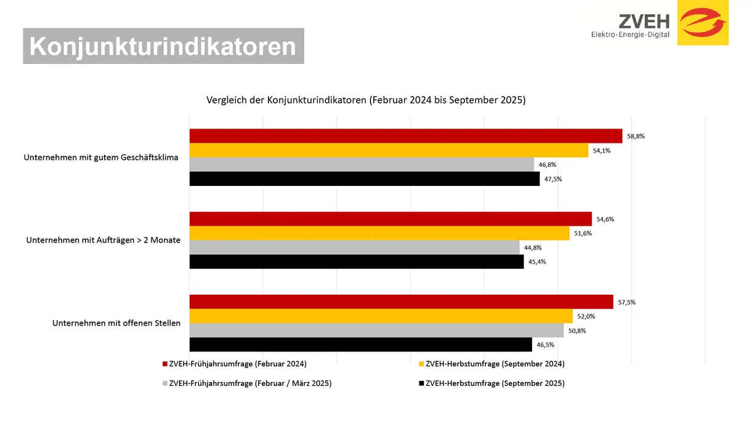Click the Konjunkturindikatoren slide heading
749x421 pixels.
(x=163, y=46)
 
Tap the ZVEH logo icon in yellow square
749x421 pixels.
(x=703, y=23)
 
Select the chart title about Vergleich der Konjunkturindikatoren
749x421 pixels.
(x=365, y=100)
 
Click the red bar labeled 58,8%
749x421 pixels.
(x=405, y=136)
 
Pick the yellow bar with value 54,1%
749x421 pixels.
(x=388, y=150)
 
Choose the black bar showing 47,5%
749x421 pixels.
(x=364, y=179)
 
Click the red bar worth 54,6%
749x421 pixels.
(x=390, y=219)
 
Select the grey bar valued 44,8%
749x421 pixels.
(x=354, y=247)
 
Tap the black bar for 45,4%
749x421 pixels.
(x=356, y=262)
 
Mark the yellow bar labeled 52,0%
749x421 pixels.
(x=381, y=316)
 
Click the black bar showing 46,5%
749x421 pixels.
(x=360, y=345)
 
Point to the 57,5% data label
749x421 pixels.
(x=627, y=302)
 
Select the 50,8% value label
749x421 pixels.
(x=577, y=331)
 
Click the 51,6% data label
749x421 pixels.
(x=583, y=233)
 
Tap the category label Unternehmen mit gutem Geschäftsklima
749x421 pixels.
(x=101, y=158)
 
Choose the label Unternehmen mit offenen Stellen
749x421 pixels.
(x=116, y=323)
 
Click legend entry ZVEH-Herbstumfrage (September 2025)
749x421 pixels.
(x=495, y=383)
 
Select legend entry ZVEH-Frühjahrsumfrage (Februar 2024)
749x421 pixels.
(x=237, y=364)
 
